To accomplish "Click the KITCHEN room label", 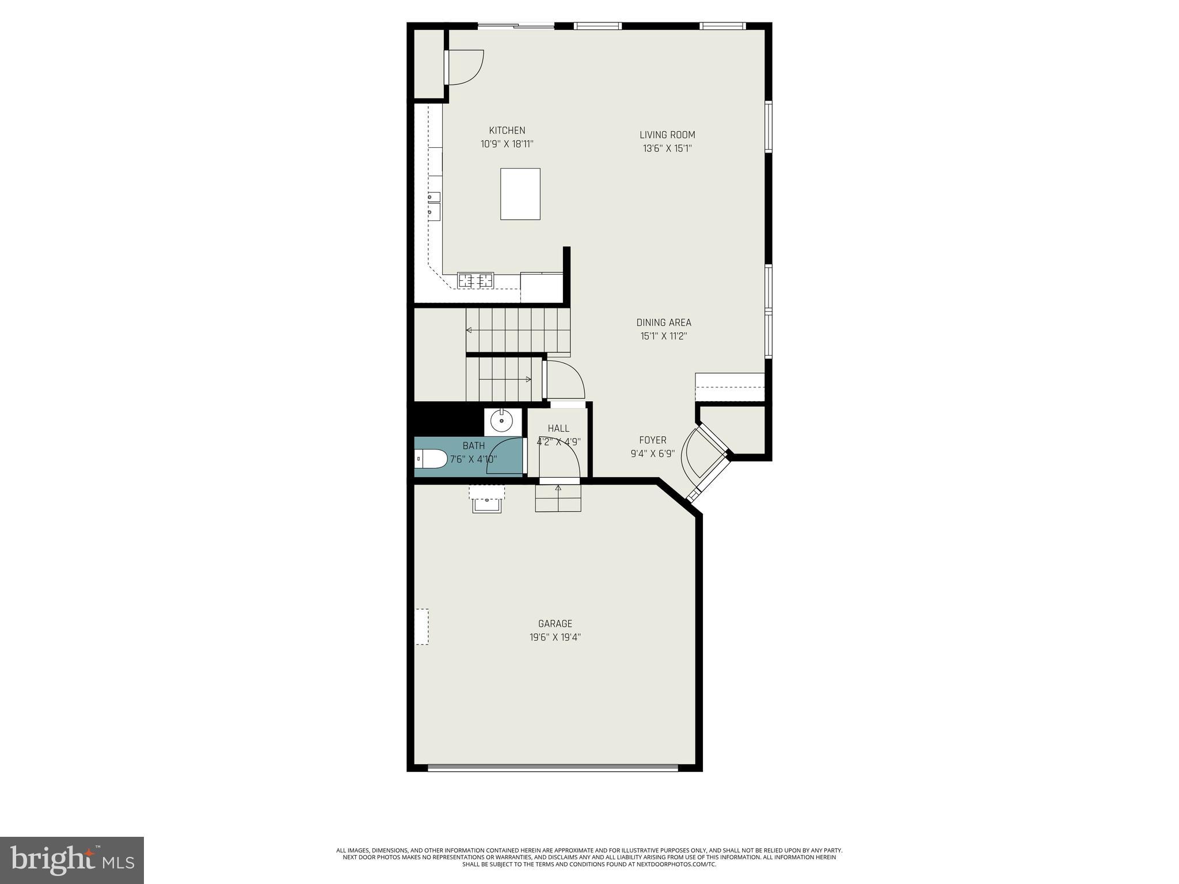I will (x=507, y=131).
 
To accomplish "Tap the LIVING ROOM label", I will (x=667, y=135).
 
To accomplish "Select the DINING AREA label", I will (x=664, y=323).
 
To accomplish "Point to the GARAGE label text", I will (x=555, y=624).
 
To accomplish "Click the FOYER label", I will (x=652, y=440).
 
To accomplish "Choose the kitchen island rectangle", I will (x=520, y=194).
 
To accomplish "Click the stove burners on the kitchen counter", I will (x=476, y=280).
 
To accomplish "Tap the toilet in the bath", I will (x=431, y=459).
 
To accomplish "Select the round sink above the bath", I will (x=501, y=421).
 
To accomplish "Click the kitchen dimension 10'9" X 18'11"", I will (x=507, y=144).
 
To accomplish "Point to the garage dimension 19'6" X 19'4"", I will (x=555, y=638).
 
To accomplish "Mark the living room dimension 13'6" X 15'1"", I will (x=667, y=149).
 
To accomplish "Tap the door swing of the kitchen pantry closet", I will (x=464, y=67).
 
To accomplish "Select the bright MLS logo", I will (x=71, y=860).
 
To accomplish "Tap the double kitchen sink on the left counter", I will (x=433, y=205).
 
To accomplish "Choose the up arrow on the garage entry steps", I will (x=557, y=489).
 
